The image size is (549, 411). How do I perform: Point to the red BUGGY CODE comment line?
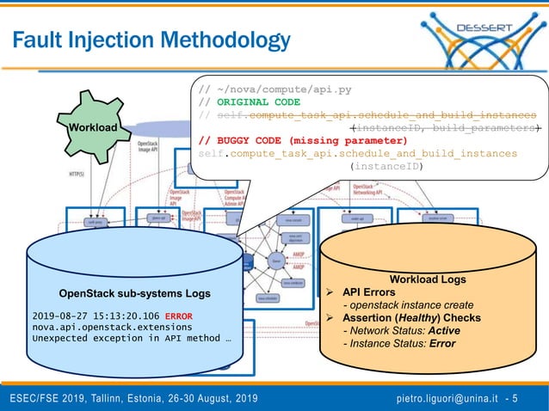click(x=302, y=140)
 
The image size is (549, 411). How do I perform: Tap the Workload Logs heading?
click(x=428, y=279)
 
